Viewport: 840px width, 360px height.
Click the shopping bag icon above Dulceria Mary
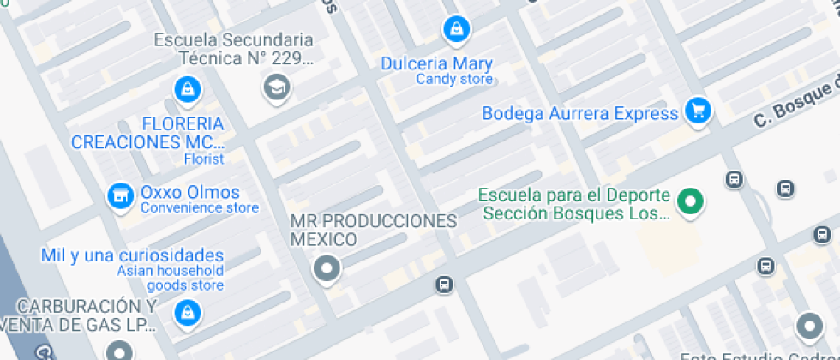tap(456, 30)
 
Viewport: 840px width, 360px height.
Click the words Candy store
tap(454, 80)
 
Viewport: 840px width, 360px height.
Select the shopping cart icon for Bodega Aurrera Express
tap(699, 111)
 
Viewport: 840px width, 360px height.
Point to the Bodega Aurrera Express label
tap(580, 113)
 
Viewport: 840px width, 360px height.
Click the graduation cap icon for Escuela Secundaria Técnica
tap(276, 87)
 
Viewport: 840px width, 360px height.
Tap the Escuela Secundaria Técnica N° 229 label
tap(233, 49)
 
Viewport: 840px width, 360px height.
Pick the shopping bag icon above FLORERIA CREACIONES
tap(186, 87)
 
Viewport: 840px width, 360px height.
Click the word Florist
tap(204, 159)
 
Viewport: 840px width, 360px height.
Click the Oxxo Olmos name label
tap(190, 192)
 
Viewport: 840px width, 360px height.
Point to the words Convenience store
tap(199, 207)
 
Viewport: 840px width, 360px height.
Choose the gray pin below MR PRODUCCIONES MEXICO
tap(327, 269)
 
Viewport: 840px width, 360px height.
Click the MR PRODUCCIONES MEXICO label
tap(374, 230)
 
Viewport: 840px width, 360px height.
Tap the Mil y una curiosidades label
tap(133, 255)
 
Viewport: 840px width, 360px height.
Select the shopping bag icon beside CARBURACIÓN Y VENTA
tap(185, 314)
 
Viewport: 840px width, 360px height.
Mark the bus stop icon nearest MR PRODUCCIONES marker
tap(444, 284)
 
